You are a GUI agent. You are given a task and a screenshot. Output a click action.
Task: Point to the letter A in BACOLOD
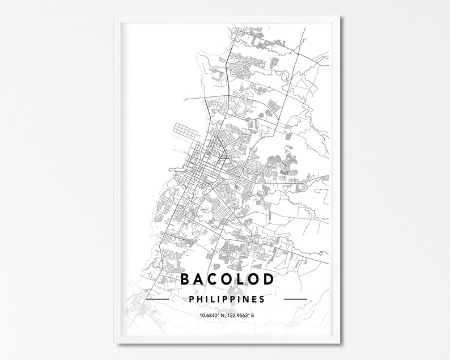tap(199, 279)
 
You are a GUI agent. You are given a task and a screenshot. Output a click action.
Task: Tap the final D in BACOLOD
tap(268, 279)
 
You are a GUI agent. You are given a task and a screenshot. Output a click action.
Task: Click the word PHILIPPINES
tap(226, 298)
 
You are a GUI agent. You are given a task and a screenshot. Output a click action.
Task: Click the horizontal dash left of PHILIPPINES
tap(158, 298)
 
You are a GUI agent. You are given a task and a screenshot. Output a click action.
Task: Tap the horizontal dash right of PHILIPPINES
tap(295, 298)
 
